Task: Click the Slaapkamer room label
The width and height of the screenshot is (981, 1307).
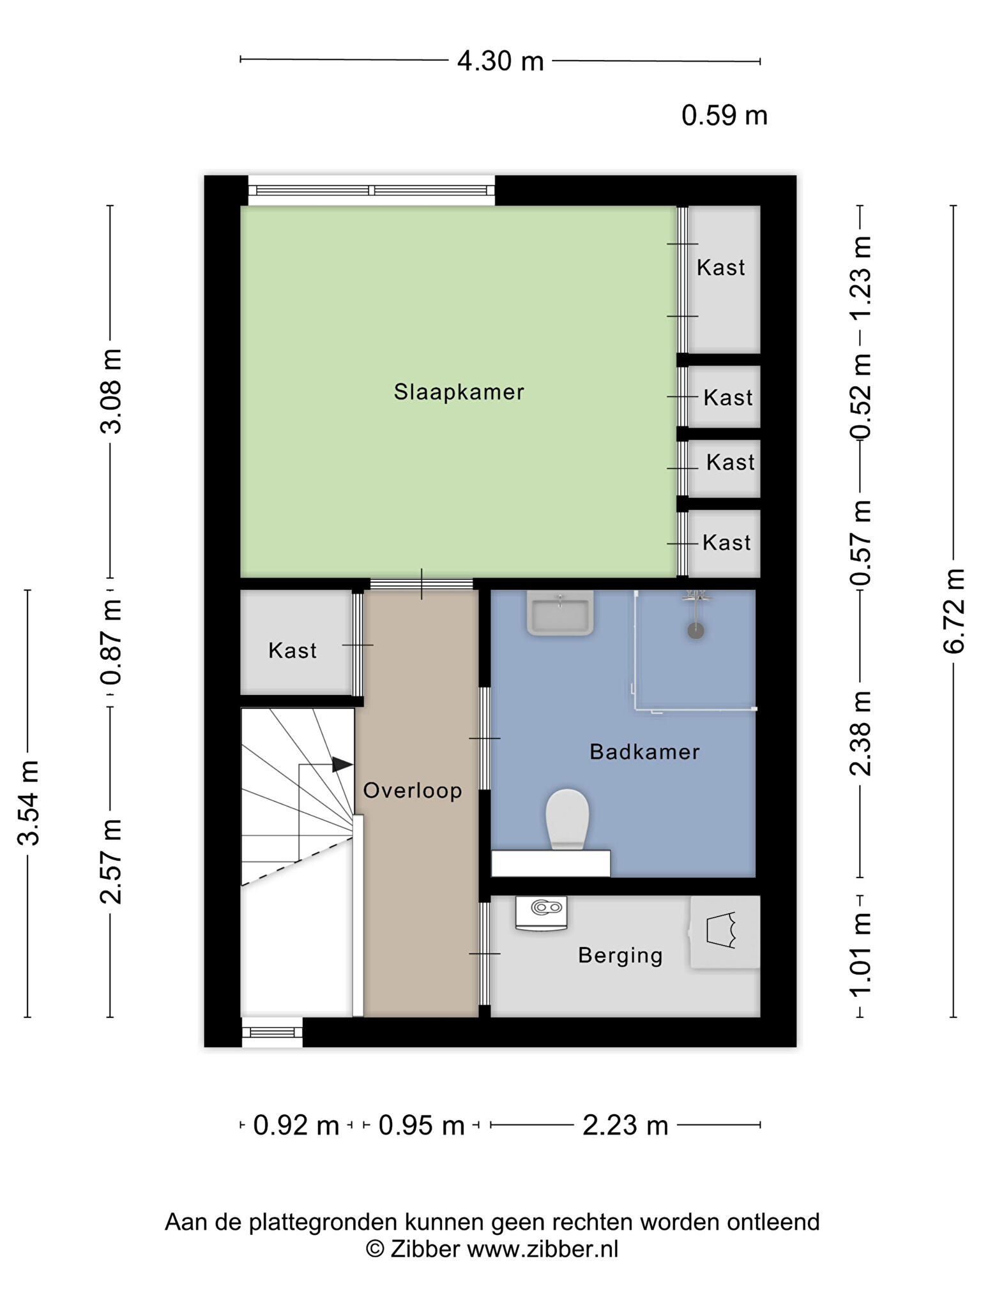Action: click(459, 392)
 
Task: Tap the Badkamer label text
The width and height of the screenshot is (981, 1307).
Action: click(644, 752)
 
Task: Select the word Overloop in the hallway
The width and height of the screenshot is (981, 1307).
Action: click(413, 791)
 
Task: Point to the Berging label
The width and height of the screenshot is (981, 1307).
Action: click(620, 955)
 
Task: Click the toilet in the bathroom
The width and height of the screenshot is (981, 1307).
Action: click(567, 819)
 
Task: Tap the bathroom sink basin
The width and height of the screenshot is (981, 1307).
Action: click(560, 613)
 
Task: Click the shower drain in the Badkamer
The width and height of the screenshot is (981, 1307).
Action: click(696, 631)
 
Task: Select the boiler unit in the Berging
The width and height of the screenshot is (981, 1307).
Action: click(541, 913)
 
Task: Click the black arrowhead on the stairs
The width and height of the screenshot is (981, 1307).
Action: click(343, 764)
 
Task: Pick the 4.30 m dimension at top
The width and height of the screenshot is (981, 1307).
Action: click(501, 61)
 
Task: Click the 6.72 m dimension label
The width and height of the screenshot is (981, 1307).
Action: click(953, 611)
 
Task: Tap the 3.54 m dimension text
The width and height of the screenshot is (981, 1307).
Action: click(29, 803)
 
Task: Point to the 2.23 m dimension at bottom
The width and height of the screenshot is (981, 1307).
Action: click(625, 1125)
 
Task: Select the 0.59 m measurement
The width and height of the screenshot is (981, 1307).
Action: click(724, 116)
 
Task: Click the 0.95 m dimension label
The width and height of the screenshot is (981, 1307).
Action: click(422, 1125)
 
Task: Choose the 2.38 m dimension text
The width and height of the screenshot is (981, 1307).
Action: click(860, 733)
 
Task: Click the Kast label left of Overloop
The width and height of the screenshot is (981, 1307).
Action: click(293, 651)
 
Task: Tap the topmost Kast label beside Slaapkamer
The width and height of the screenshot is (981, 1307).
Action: click(720, 267)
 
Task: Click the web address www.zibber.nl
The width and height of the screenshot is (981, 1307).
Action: click(543, 1248)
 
